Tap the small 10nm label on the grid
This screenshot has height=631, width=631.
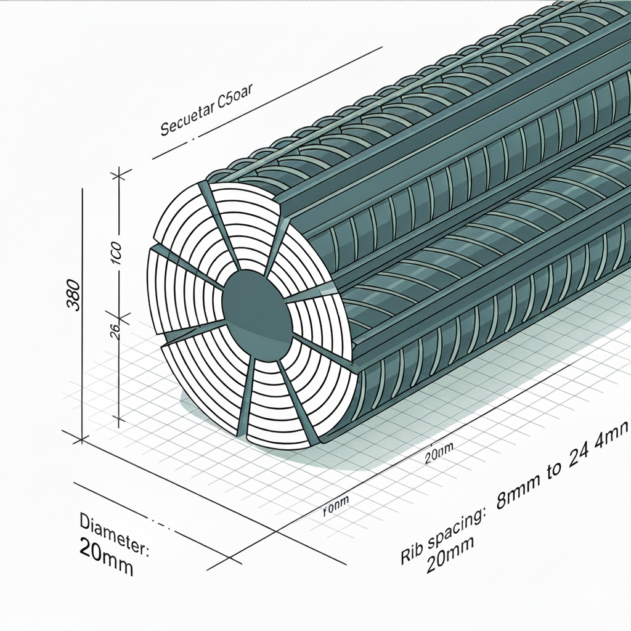click(335, 506)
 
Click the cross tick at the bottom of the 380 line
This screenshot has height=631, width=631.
click(81, 439)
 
